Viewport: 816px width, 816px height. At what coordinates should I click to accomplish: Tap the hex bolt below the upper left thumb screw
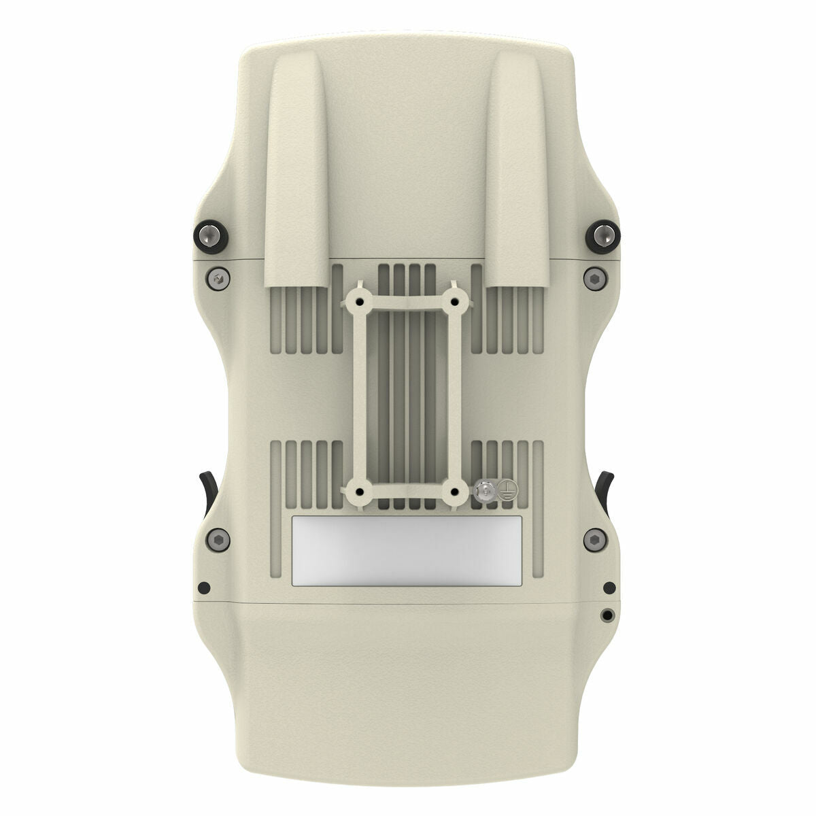coord(218,278)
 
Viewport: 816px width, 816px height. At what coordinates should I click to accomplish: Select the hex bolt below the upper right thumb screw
coord(594,278)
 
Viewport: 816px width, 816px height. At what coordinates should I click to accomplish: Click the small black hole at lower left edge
coord(201,588)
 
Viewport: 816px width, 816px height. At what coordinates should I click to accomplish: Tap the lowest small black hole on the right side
coord(607,615)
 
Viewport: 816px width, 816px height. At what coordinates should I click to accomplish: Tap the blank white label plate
coord(407,550)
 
